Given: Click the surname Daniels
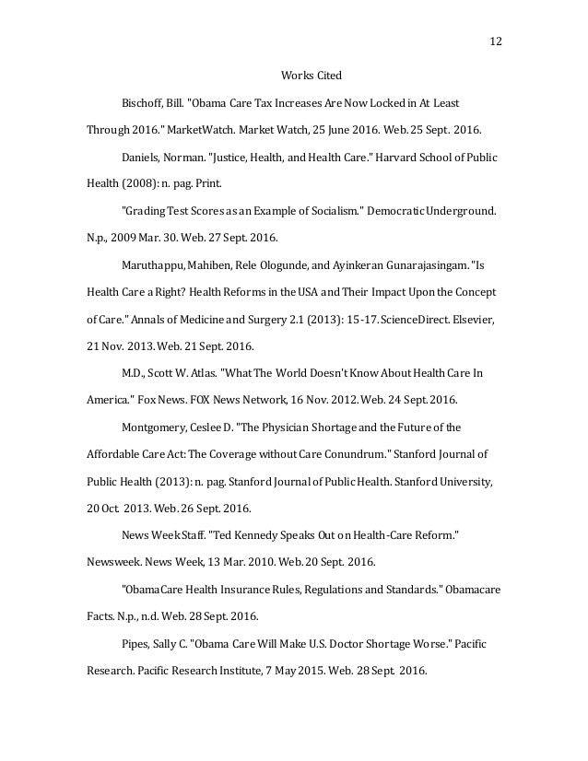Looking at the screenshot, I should tap(142, 158).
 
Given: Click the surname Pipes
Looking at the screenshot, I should tap(136, 642).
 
